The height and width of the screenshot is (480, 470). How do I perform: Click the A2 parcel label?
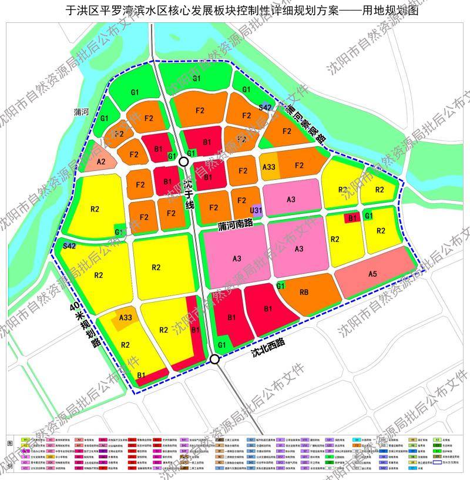101,162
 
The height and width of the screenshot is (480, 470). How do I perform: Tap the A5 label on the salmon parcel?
372,274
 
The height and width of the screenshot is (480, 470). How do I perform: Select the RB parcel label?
304,292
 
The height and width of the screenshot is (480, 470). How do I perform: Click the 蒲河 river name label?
81,112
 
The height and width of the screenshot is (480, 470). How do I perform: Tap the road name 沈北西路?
267,348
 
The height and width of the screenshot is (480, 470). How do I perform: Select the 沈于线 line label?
188,194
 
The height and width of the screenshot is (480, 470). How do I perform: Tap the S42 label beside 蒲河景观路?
266,107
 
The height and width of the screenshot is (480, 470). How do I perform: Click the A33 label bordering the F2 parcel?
269,167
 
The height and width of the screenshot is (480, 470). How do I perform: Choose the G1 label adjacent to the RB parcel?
281,286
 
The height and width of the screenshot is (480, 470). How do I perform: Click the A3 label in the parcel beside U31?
291,200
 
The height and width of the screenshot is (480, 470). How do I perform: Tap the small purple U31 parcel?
256,210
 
